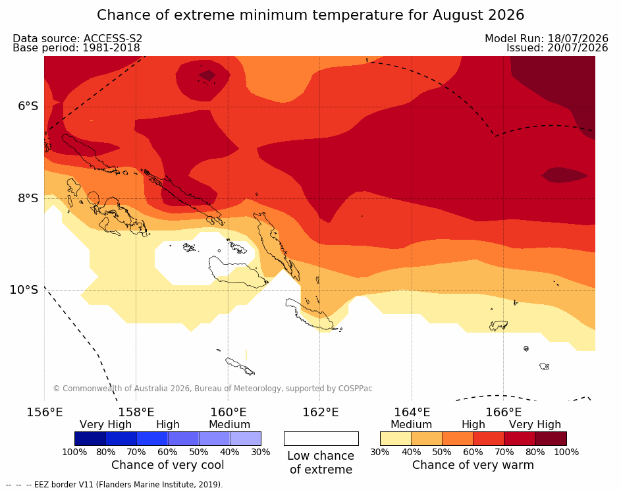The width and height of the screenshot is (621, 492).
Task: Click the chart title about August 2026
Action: (311, 15)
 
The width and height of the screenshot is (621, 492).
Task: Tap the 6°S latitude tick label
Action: (28, 106)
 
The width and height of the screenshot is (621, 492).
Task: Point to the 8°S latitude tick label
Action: (28, 198)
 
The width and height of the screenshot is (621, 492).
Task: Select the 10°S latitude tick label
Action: (24, 290)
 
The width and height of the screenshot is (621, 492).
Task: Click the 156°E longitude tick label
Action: (44, 412)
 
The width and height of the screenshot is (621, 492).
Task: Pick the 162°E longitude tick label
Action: (321, 412)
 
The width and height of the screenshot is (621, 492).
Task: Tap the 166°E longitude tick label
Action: (504, 412)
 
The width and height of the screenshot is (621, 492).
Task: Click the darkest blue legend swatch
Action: (90, 439)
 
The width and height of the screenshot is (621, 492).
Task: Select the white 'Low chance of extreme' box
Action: (321, 439)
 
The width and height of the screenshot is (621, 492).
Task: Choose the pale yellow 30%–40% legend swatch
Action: (396, 439)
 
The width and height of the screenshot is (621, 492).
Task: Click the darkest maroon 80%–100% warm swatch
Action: (551, 439)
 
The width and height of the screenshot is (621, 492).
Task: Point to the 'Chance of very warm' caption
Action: (473, 465)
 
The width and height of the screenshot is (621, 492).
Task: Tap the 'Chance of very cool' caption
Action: (167, 465)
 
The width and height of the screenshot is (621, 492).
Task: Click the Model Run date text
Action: (547, 38)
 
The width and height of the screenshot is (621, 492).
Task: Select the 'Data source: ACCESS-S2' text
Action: (77, 38)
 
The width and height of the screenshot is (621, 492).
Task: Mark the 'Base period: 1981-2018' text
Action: (76, 48)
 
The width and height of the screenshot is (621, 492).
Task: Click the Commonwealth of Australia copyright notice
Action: (213, 388)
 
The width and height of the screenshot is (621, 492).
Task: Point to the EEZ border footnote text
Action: (115, 485)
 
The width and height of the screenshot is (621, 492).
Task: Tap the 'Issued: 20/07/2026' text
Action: (557, 48)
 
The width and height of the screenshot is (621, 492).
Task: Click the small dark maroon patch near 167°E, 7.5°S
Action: (564, 175)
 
